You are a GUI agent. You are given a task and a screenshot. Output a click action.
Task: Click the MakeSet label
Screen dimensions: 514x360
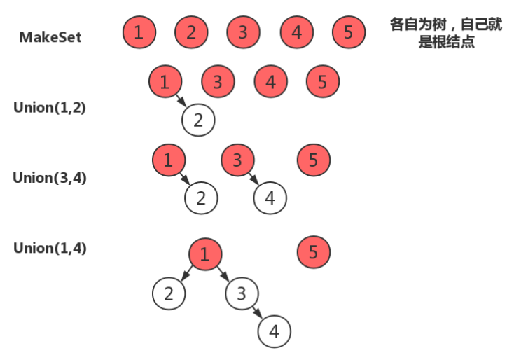(x=50, y=37)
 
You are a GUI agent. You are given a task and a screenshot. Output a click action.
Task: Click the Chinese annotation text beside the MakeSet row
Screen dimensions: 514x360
(x=446, y=33)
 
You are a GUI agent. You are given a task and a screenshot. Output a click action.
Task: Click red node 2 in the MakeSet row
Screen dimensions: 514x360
(x=191, y=32)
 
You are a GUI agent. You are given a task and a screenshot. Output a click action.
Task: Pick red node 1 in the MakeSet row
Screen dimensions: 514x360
(x=139, y=32)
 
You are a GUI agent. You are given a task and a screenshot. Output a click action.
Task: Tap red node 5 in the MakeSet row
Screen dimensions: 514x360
(x=349, y=32)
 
